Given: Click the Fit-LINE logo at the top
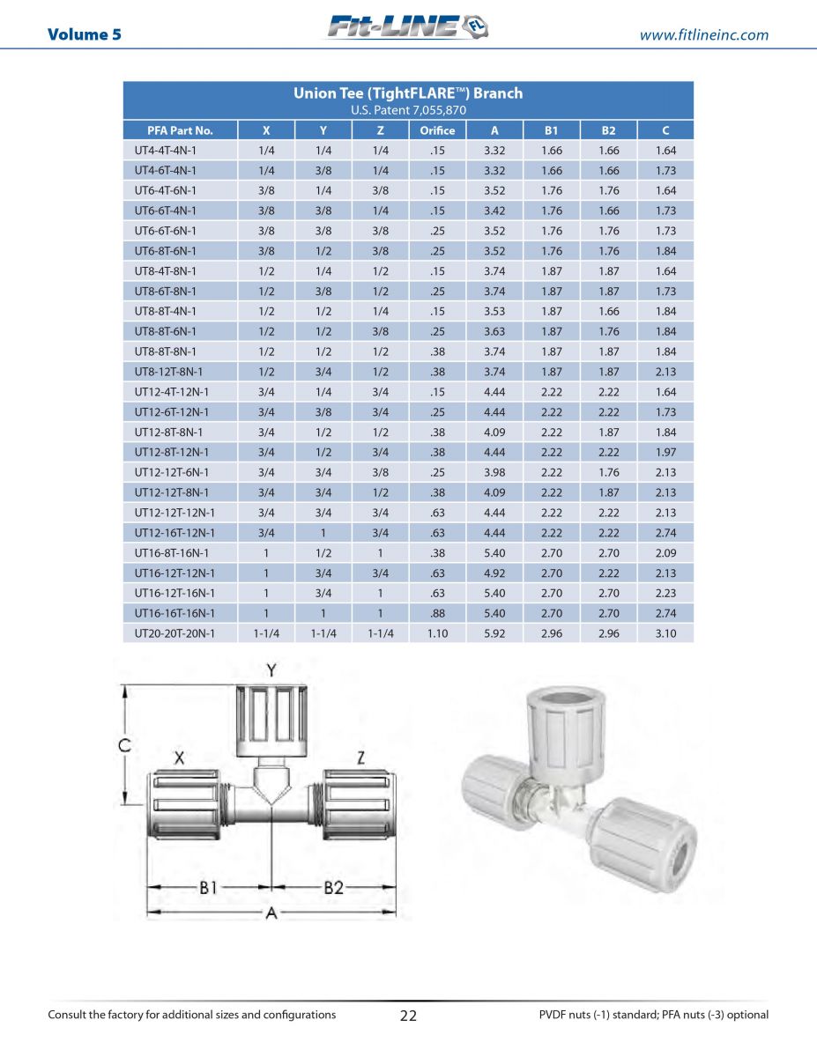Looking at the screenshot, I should [407, 27].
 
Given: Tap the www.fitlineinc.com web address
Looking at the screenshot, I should [703, 35].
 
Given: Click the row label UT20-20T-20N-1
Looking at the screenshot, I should [175, 633].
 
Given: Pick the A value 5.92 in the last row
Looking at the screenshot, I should [494, 633].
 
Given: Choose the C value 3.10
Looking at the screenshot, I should [665, 633].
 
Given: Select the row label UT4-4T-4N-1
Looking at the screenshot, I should [166, 151].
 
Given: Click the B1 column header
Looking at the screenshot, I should [552, 130].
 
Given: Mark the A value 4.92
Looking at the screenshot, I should [494, 573].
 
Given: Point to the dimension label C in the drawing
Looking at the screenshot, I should [126, 745].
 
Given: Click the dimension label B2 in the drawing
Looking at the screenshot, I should [333, 888].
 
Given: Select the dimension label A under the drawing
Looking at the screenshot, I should [271, 913].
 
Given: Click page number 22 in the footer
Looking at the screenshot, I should [408, 1015].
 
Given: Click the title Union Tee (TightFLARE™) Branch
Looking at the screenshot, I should [407, 93].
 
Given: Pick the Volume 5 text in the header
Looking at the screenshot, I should [85, 34].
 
